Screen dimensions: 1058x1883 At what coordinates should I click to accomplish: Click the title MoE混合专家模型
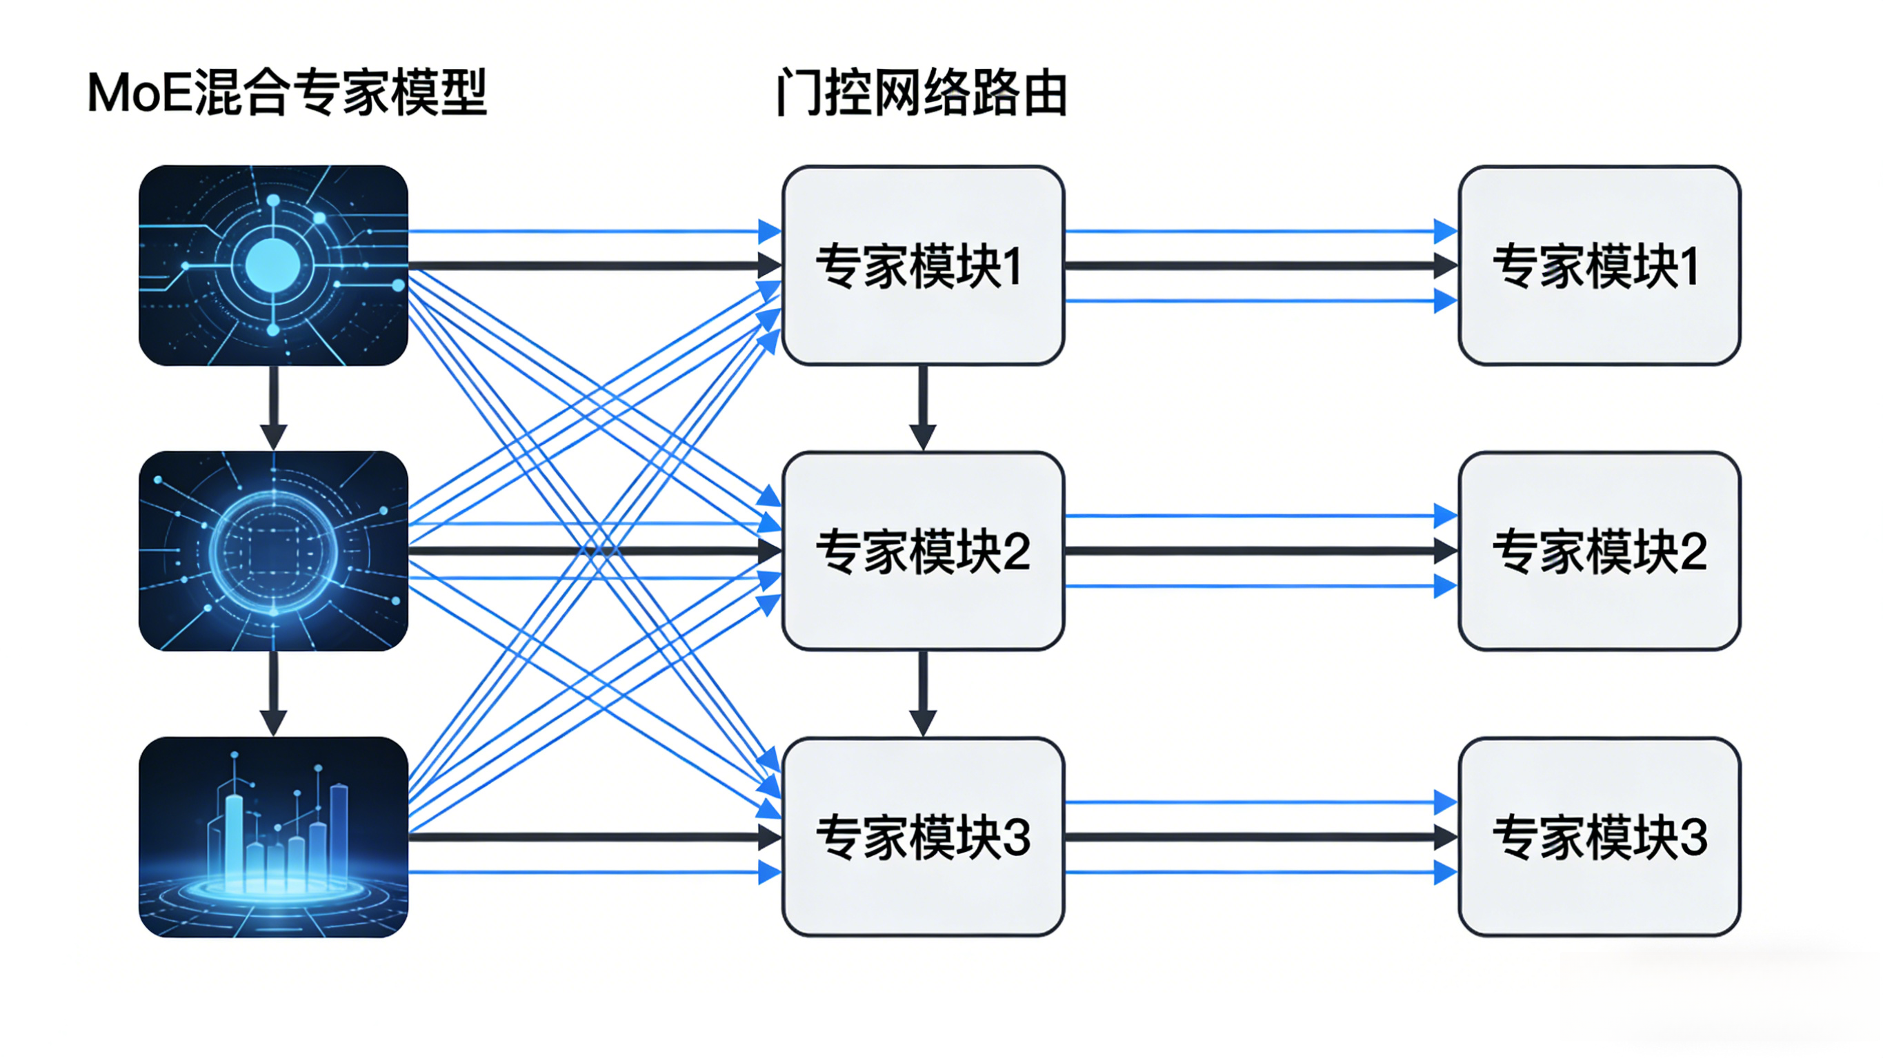pyautogui.click(x=286, y=93)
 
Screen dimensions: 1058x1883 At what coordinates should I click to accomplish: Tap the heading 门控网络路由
pyautogui.click(x=921, y=93)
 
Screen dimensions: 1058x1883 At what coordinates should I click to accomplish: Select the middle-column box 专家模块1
pyautogui.click(x=922, y=265)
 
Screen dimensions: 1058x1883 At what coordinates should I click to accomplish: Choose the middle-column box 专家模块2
pyautogui.click(x=922, y=551)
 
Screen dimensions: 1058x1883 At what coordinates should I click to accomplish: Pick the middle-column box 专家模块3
pyautogui.click(x=922, y=837)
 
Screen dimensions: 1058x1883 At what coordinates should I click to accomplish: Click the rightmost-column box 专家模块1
pyautogui.click(x=1599, y=265)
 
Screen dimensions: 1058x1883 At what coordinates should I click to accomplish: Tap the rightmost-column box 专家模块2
pyautogui.click(x=1599, y=551)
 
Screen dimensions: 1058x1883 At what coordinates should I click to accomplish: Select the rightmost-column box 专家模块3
pyautogui.click(x=1599, y=837)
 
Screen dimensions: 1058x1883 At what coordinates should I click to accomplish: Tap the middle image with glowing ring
pyautogui.click(x=273, y=551)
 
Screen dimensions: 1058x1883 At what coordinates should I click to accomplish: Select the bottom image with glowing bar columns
pyautogui.click(x=273, y=837)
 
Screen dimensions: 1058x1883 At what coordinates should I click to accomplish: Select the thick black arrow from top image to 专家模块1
pyautogui.click(x=585, y=265)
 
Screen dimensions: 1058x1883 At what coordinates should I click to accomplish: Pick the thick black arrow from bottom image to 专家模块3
pyautogui.click(x=585, y=837)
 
